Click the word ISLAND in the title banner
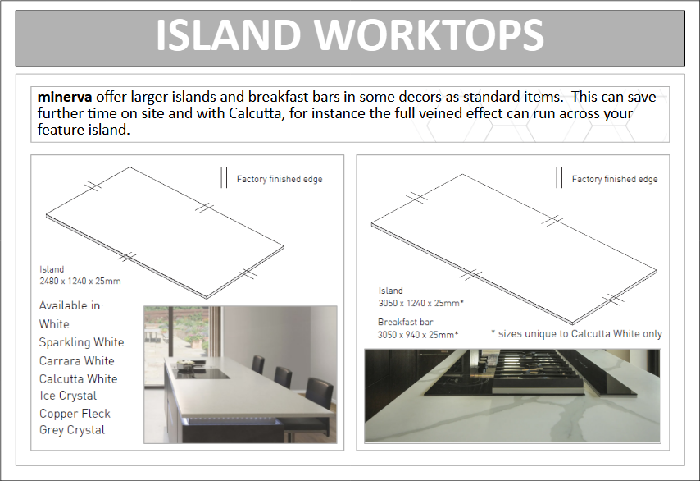228,35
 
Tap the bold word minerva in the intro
65,97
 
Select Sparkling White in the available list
81,342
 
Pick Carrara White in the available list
77,361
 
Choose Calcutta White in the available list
78,378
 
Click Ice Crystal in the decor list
68,396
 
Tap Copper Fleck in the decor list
75,414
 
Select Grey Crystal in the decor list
72,430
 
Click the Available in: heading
71,306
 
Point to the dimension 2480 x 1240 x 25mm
80,282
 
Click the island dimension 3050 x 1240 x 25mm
421,303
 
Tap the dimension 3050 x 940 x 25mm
418,335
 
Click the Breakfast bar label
406,322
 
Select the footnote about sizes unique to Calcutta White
576,334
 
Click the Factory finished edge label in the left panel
280,179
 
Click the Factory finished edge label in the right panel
615,179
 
